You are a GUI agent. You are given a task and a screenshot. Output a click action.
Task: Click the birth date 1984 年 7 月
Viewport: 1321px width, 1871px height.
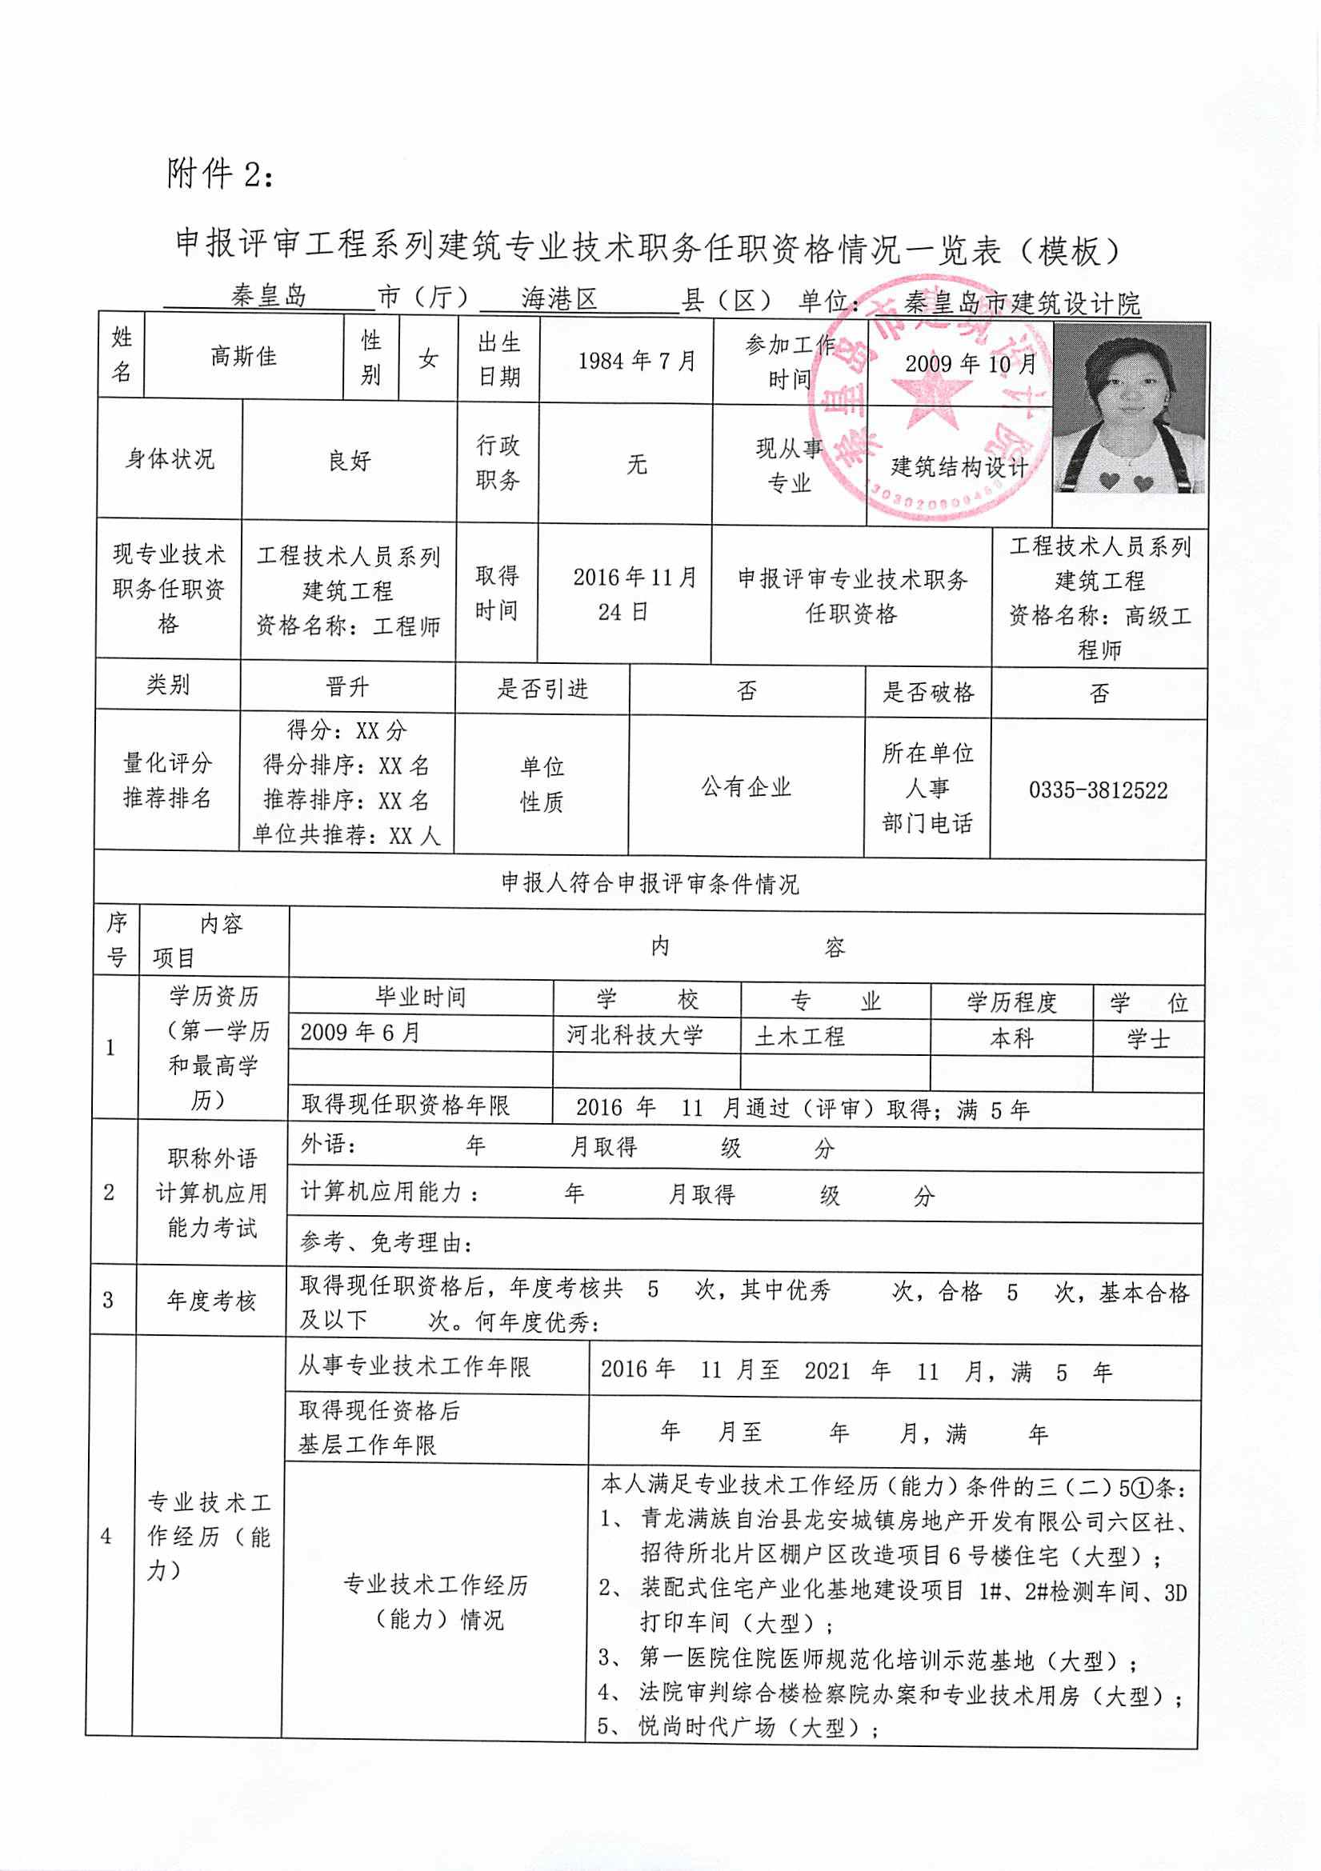coord(636,360)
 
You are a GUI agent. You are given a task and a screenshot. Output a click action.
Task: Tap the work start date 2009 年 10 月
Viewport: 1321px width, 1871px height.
coord(970,363)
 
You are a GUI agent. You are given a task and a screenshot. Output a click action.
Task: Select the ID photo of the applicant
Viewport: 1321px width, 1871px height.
coord(1130,409)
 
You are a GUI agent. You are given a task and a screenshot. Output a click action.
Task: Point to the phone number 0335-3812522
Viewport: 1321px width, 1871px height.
coord(1098,790)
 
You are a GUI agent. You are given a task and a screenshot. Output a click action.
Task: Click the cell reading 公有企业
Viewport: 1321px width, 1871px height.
coord(746,787)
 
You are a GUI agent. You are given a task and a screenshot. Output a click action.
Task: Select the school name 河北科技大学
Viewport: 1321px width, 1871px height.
coord(634,1036)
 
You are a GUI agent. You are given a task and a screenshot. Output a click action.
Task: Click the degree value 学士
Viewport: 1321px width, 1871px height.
coord(1147,1039)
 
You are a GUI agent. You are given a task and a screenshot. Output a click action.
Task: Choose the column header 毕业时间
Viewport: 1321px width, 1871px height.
coord(421,997)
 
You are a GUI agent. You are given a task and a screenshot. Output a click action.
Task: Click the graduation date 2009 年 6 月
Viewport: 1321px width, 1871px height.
coord(360,1033)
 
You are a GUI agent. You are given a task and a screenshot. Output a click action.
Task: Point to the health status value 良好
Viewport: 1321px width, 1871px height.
coord(350,462)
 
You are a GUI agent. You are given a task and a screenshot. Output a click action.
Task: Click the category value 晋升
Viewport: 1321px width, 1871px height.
coord(347,688)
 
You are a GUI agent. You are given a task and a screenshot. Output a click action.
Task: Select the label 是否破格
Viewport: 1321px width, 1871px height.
coord(928,693)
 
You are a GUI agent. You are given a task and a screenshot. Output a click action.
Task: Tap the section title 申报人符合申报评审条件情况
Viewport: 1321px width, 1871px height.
coord(650,884)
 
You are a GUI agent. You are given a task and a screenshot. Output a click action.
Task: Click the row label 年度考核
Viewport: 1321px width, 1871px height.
coord(212,1301)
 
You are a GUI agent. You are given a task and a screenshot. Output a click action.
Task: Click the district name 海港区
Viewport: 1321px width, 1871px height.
coord(560,299)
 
